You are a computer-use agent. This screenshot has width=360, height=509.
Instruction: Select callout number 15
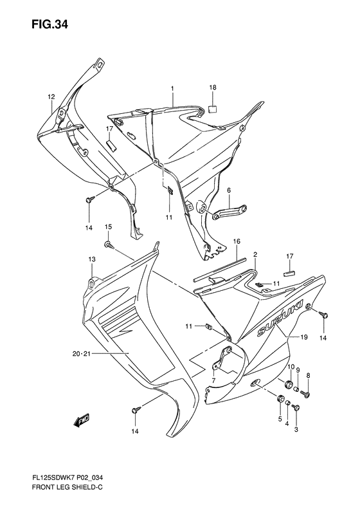tap(109, 227)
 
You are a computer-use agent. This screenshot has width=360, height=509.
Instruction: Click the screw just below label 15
tap(109, 245)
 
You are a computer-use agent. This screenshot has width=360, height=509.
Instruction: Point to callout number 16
tap(237, 241)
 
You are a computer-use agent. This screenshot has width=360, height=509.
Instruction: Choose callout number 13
tap(92, 259)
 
